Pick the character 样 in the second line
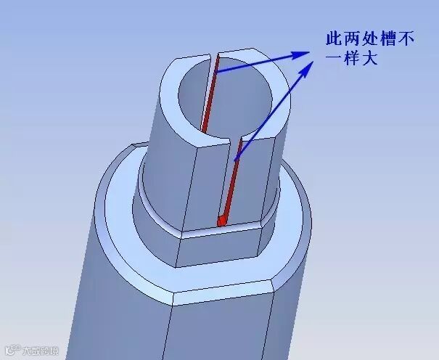353,59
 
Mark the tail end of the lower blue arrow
236,158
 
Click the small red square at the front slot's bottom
222,219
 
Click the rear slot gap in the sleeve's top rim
215,57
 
